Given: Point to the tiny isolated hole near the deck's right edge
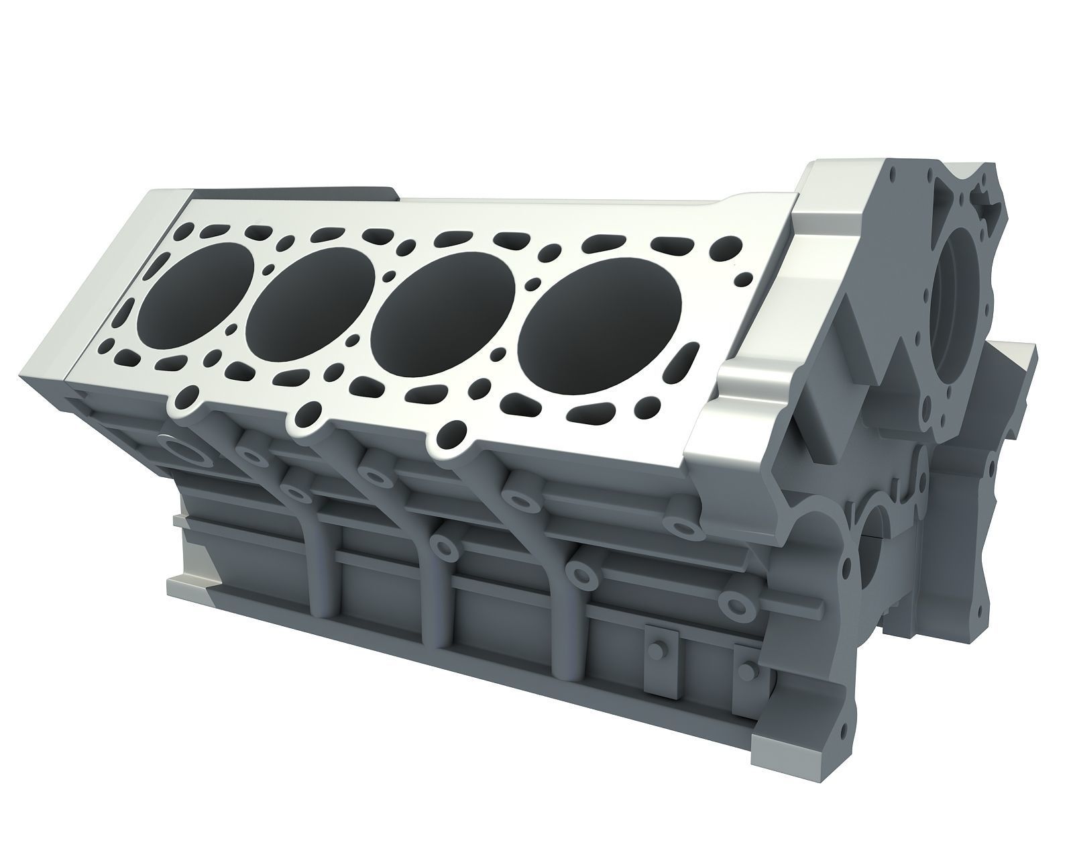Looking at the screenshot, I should [743, 276].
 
